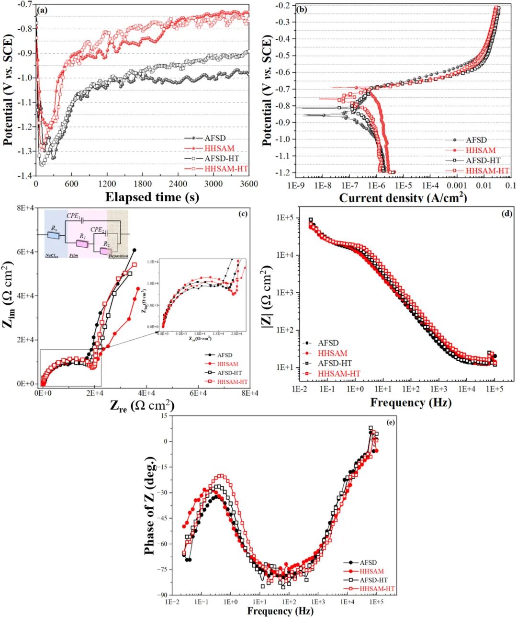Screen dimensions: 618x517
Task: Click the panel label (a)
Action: [43, 9]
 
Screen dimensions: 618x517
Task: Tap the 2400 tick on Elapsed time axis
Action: [178, 184]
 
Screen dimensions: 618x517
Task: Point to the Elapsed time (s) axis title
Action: [152, 197]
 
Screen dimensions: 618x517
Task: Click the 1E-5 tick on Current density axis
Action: [403, 186]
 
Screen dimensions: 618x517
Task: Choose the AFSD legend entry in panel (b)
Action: [476, 140]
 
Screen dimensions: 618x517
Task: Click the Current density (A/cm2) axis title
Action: [403, 198]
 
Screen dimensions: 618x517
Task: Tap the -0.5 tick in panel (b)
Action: [285, 56]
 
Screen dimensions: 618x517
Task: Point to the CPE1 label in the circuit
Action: [73, 216]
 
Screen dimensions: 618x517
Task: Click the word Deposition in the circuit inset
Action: [118, 256]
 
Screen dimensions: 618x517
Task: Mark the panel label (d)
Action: [507, 214]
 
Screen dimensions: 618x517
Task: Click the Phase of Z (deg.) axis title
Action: [150, 505]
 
